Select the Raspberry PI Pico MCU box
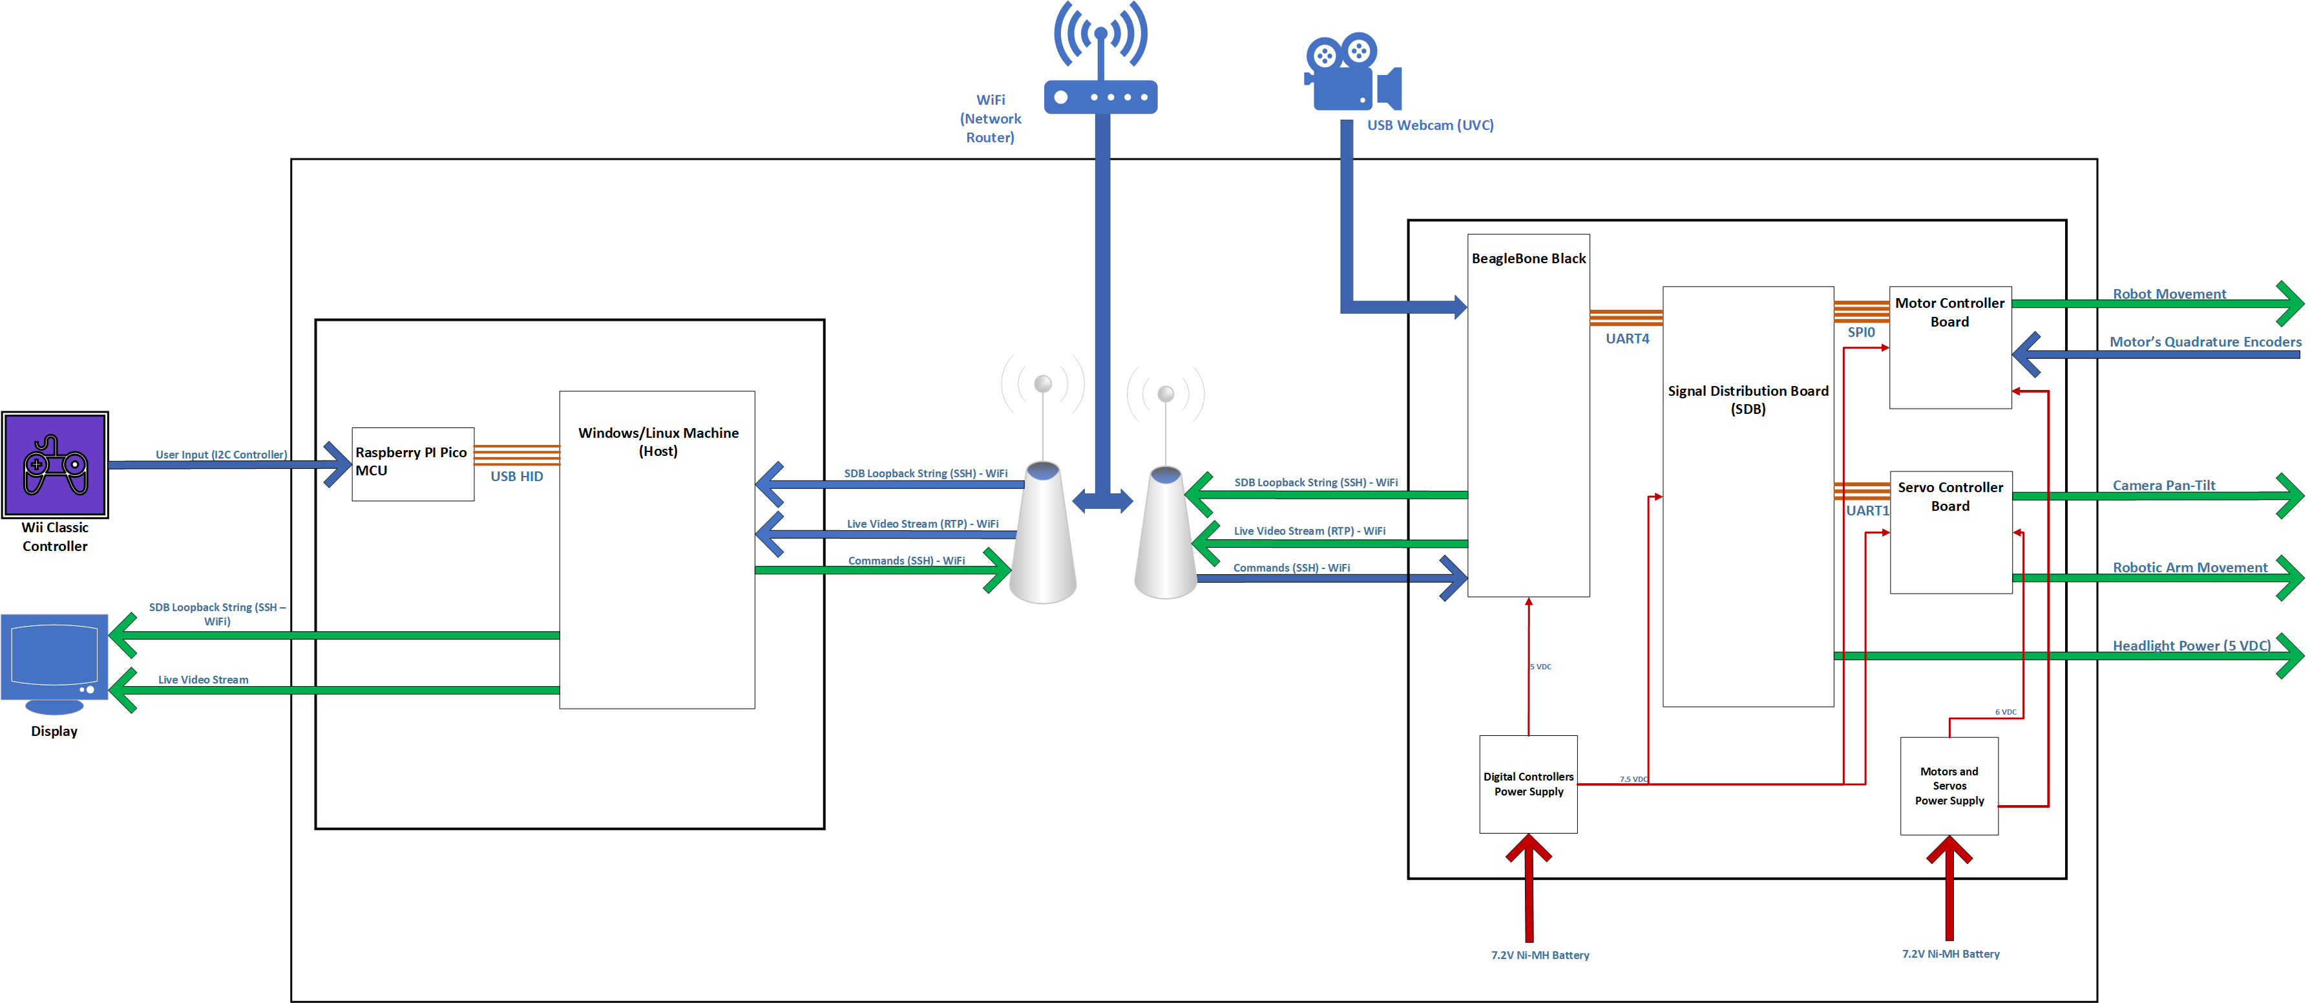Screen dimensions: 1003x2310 412,463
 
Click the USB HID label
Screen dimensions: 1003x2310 516,477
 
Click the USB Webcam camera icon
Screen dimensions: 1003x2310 1350,72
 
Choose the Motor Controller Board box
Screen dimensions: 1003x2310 1949,347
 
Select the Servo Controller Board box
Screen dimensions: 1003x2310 1950,532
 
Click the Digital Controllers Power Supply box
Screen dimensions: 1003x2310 1528,784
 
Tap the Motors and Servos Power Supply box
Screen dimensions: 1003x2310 1949,786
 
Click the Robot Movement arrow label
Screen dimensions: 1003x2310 2168,294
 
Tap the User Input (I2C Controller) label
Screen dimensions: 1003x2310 222,455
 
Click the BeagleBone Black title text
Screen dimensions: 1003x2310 1528,259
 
